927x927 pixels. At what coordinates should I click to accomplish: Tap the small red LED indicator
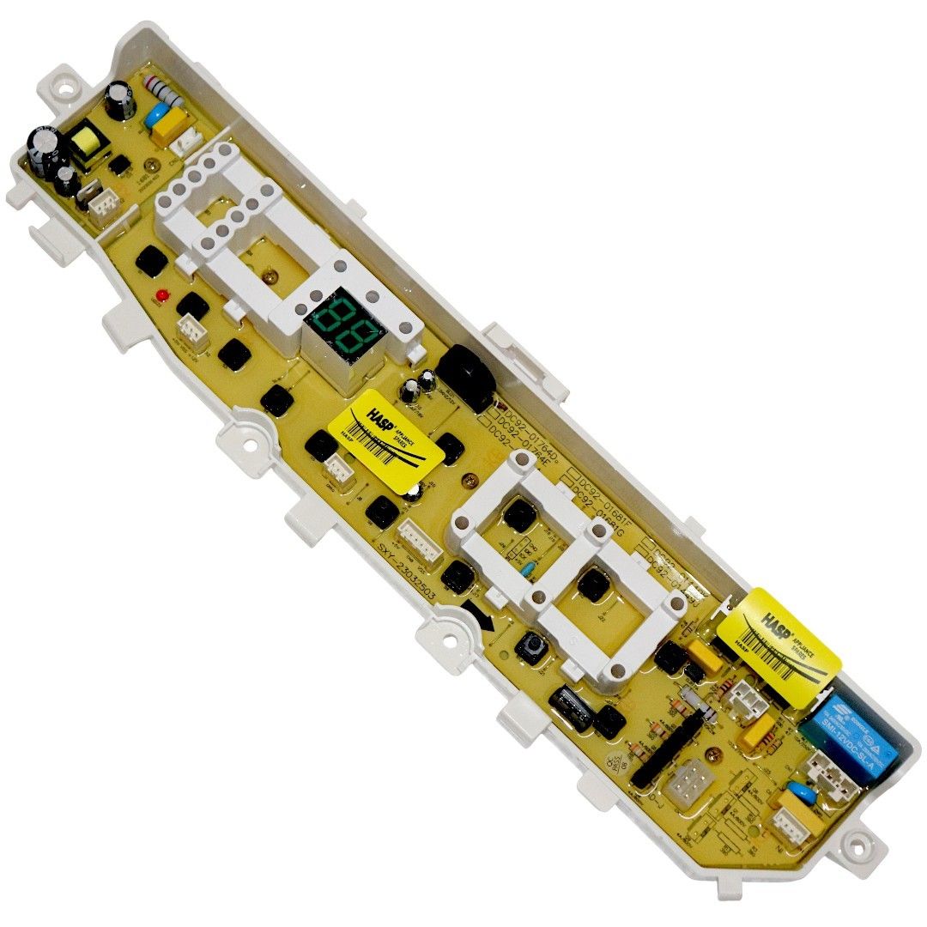click(x=161, y=297)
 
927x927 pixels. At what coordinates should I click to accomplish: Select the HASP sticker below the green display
click(x=388, y=436)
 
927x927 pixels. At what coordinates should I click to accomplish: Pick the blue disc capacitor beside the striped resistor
click(x=159, y=114)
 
